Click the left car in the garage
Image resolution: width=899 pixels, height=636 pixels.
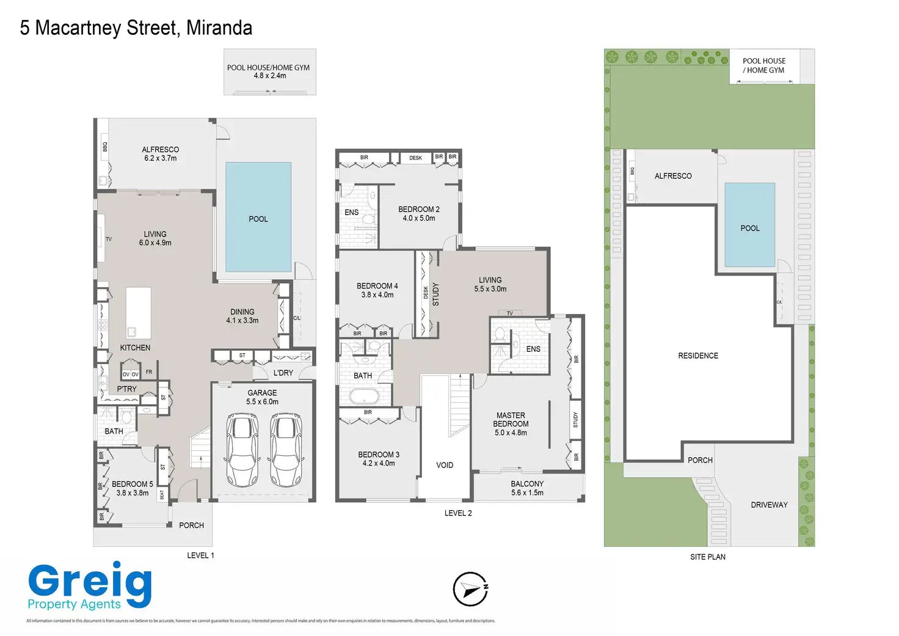click(242, 450)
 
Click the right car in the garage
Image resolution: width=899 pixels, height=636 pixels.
click(285, 450)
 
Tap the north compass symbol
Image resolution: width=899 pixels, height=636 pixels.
click(470, 590)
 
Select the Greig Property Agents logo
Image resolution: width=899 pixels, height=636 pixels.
click(89, 587)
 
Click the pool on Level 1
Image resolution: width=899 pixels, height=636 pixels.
click(258, 217)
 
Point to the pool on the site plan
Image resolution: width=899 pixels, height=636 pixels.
click(749, 225)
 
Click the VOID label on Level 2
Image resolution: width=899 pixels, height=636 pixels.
click(445, 465)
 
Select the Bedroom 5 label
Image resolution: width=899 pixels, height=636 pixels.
click(133, 488)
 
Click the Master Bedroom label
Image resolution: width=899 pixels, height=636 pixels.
click(511, 424)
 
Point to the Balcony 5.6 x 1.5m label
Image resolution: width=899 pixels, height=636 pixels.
click(527, 488)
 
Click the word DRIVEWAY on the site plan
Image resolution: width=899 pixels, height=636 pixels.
click(769, 505)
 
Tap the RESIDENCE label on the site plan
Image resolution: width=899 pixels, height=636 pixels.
click(698, 356)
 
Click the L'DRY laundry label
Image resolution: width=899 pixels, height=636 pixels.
click(283, 373)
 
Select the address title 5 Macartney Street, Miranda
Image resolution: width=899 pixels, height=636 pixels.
click(136, 28)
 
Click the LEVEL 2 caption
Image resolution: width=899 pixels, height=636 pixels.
click(458, 513)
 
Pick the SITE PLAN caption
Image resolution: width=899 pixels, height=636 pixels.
click(708, 557)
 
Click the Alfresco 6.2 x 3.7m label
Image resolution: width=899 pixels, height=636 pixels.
click(161, 154)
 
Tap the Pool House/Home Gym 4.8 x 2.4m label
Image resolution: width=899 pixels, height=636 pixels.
click(269, 71)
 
